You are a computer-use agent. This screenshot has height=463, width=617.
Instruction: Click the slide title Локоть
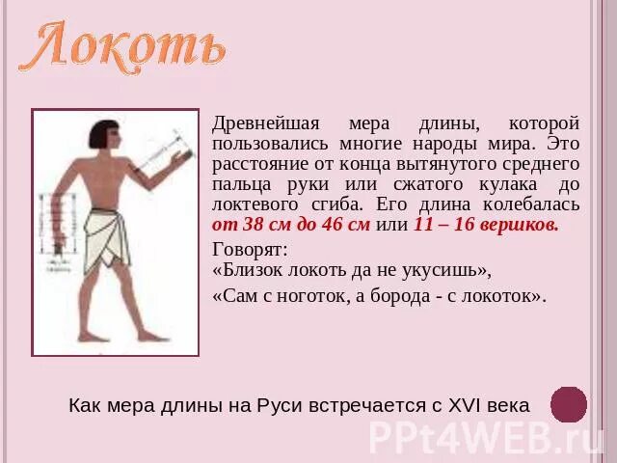[123, 45]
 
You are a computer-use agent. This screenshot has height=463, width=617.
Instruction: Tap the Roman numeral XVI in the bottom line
[469, 405]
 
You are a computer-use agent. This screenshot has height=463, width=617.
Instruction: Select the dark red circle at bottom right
[569, 404]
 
